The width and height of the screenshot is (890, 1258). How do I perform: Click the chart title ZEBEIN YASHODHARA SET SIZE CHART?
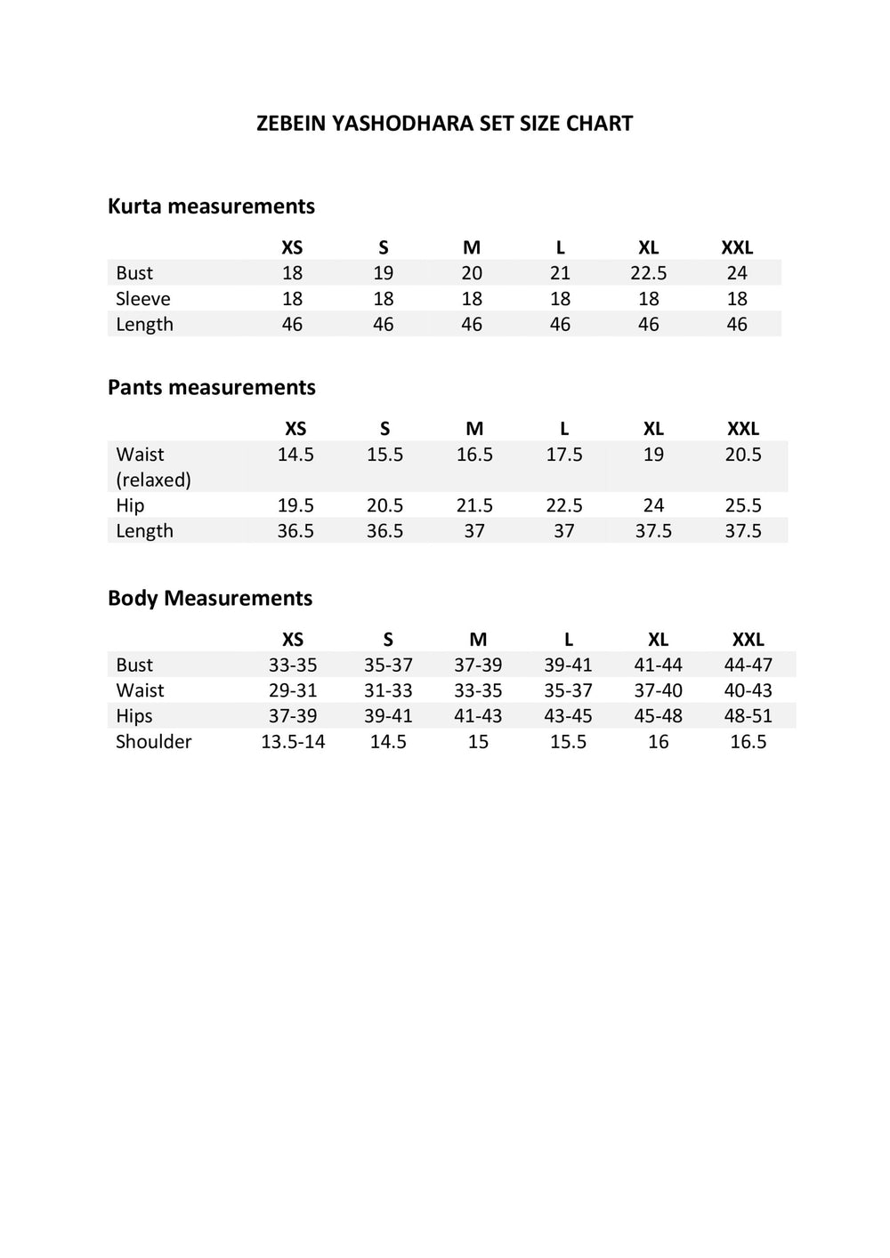[444, 124]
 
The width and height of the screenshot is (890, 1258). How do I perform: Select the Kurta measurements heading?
[211, 206]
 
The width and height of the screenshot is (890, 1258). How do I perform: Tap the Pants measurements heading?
[211, 388]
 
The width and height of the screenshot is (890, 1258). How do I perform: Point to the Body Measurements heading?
[210, 598]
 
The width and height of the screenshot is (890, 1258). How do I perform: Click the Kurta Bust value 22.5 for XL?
[648, 273]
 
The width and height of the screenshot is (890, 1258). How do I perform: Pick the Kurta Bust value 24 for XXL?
[737, 273]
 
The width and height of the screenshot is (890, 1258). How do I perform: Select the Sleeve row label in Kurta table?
[142, 299]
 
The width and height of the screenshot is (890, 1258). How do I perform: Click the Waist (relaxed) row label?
[153, 467]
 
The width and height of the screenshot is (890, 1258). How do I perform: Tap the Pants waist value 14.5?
[295, 455]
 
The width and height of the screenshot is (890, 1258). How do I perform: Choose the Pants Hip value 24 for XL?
[653, 505]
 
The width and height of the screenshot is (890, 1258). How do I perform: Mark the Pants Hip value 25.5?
[743, 505]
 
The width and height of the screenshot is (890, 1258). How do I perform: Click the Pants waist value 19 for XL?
[653, 455]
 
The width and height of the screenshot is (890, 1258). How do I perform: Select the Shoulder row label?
[153, 742]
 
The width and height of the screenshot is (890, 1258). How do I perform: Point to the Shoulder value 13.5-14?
[293, 742]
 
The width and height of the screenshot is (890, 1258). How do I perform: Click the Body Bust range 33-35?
[293, 665]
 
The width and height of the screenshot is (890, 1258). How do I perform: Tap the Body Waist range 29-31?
[293, 690]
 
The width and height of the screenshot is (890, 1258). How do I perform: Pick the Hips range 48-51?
[748, 716]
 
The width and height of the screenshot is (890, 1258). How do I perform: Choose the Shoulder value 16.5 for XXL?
[748, 742]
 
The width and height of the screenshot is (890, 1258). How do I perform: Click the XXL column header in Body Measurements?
[748, 640]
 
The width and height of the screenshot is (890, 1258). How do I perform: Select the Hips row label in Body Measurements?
[133, 716]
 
